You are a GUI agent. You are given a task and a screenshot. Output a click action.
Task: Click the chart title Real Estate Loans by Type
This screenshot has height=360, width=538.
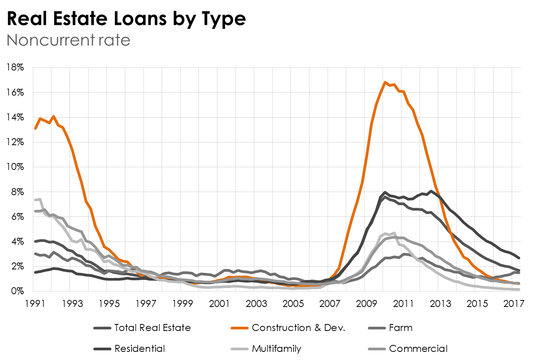pyautogui.click(x=126, y=19)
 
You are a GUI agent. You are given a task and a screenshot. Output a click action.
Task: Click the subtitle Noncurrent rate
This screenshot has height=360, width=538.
pyautogui.click(x=68, y=40)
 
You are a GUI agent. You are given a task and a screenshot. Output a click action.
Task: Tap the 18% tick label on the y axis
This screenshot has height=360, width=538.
pyautogui.click(x=15, y=67)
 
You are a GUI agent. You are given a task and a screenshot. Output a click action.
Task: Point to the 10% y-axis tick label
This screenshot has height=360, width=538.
pyautogui.click(x=15, y=167)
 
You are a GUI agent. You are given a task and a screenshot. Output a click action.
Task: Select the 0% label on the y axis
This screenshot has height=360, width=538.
pyautogui.click(x=17, y=291)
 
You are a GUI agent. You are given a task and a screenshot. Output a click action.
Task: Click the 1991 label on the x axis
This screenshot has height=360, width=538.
pyautogui.click(x=35, y=303)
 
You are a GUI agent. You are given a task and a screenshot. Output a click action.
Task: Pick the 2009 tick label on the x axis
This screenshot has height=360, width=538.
pyautogui.click(x=366, y=303)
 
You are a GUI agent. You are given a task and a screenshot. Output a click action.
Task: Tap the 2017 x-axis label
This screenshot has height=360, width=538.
pyautogui.click(x=514, y=303)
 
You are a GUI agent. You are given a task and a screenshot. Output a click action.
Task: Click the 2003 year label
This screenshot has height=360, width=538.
pyautogui.click(x=256, y=303)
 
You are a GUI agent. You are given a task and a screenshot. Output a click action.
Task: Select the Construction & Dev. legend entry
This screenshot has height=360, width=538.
pyautogui.click(x=298, y=328)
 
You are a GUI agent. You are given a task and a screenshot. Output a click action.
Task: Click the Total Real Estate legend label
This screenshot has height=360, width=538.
pyautogui.click(x=152, y=328)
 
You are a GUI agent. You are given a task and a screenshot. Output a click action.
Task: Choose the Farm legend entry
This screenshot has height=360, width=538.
pyautogui.click(x=401, y=328)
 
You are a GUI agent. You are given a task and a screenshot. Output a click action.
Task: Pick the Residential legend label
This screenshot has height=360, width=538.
pyautogui.click(x=140, y=349)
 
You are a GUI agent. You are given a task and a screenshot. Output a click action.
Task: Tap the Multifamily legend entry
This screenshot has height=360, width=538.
pyautogui.click(x=276, y=349)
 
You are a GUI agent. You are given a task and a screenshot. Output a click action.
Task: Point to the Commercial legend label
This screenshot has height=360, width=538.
pyautogui.click(x=418, y=349)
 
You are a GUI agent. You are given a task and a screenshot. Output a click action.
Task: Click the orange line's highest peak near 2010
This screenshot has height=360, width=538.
pyautogui.click(x=385, y=82)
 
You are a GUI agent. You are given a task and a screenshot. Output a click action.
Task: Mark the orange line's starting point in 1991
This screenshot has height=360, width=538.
pyautogui.click(x=35, y=128)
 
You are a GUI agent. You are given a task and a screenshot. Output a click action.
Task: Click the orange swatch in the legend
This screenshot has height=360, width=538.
pyautogui.click(x=239, y=328)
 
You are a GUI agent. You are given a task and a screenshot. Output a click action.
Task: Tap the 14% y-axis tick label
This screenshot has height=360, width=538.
pyautogui.click(x=15, y=117)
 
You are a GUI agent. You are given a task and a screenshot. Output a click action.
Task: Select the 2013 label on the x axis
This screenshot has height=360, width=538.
pyautogui.click(x=440, y=303)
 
